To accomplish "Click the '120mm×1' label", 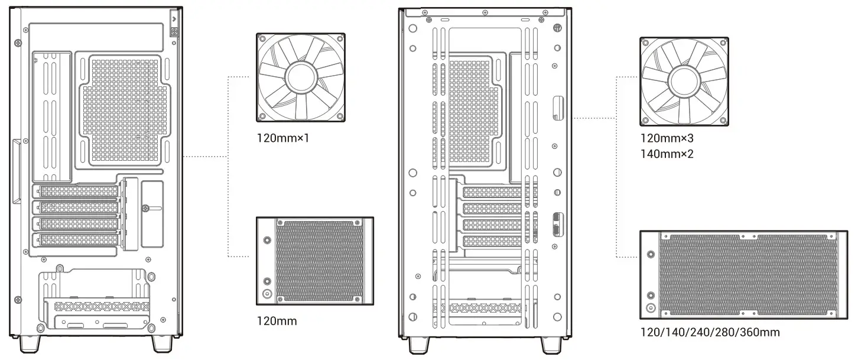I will pos(282,140).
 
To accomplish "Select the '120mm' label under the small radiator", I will pos(277,321).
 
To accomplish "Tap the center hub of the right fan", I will pos(684,82).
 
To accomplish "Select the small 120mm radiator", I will pos(315,261).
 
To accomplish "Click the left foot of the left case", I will pos(31,342).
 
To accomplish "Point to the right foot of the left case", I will pos(161,342).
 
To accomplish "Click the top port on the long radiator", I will pos(651,255).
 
